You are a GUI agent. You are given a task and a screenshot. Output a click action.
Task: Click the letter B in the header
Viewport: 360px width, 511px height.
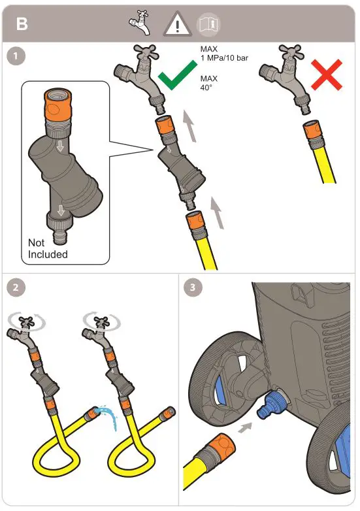click(x=22, y=24)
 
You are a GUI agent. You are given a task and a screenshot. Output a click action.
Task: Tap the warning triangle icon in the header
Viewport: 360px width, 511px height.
click(x=178, y=24)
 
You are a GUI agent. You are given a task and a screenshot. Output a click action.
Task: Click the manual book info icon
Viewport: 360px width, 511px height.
click(x=208, y=24)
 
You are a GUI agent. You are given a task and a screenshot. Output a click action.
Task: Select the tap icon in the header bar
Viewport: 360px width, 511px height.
click(x=140, y=22)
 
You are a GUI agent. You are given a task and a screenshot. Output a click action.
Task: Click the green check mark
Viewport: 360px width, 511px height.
click(x=177, y=75)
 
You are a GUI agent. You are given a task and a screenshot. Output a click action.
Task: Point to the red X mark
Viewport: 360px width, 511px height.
click(x=327, y=74)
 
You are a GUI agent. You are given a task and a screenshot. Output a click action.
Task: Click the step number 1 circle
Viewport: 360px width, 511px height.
click(x=16, y=56)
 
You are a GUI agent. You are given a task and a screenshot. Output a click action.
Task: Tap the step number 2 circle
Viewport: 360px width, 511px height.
click(x=16, y=288)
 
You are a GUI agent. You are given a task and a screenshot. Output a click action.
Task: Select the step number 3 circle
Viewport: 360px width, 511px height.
click(x=193, y=288)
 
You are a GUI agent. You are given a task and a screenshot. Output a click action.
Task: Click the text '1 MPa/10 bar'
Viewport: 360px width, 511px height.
click(x=224, y=58)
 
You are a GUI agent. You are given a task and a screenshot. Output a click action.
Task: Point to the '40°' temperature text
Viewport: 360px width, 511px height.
click(x=206, y=88)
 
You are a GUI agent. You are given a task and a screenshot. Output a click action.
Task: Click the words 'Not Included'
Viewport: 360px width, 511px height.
click(x=48, y=248)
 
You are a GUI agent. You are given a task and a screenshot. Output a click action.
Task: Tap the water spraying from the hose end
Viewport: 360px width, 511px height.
click(x=109, y=417)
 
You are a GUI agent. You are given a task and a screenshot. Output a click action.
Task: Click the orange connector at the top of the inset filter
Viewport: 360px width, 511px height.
click(x=57, y=104)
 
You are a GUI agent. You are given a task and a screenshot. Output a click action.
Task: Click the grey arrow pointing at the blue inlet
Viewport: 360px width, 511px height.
click(x=245, y=427)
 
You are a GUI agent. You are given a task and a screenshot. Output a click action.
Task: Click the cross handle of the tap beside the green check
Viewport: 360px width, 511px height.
click(x=146, y=52)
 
